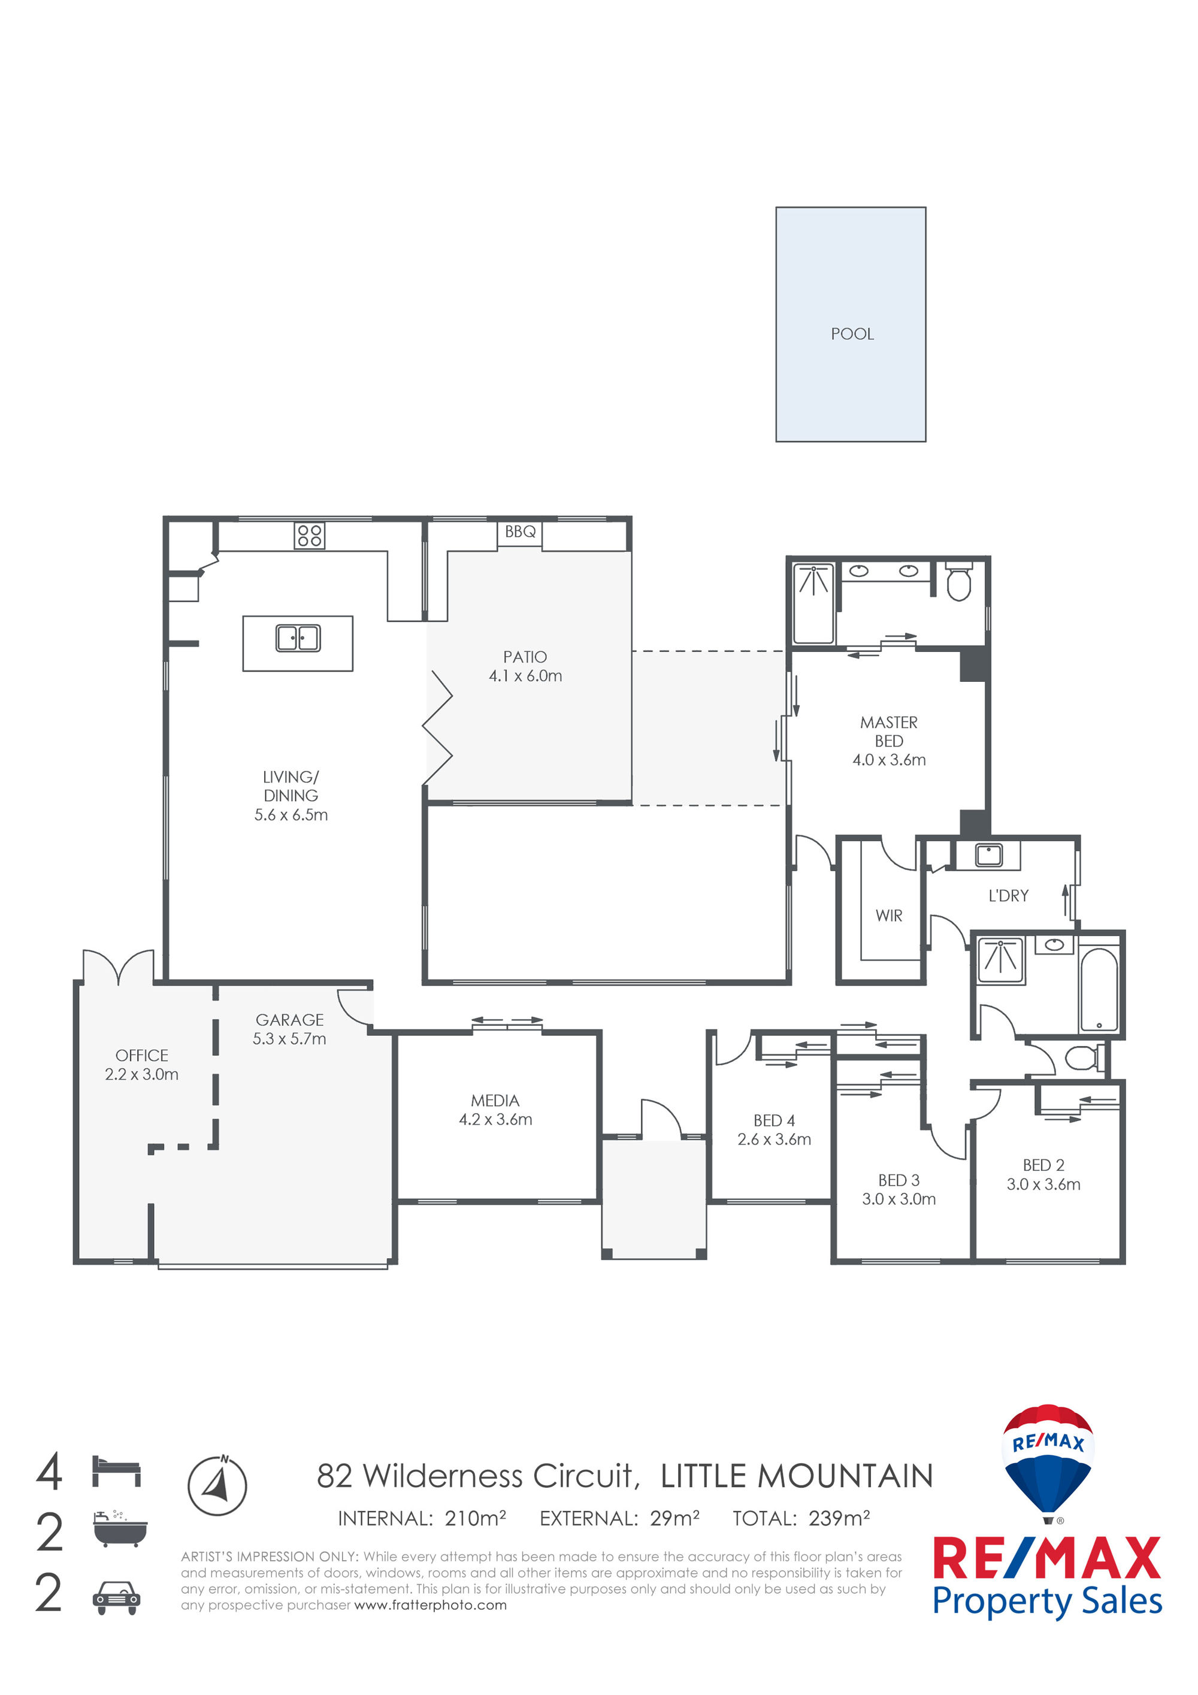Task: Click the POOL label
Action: click(852, 334)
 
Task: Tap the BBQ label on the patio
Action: click(521, 531)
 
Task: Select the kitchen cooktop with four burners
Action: click(309, 535)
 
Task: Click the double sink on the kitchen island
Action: click(298, 638)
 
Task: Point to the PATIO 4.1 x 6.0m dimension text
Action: click(525, 675)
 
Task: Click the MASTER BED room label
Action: click(889, 732)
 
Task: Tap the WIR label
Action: click(889, 916)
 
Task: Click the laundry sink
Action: click(988, 855)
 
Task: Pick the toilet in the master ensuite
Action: click(958, 581)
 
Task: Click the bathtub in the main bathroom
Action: click(1099, 990)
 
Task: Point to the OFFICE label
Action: click(142, 1056)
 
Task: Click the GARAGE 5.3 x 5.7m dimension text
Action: click(289, 1039)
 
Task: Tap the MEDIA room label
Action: click(495, 1101)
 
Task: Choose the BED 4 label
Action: click(775, 1120)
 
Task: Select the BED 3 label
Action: click(899, 1180)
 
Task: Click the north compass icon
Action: click(217, 1485)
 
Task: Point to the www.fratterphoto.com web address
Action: click(430, 1605)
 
